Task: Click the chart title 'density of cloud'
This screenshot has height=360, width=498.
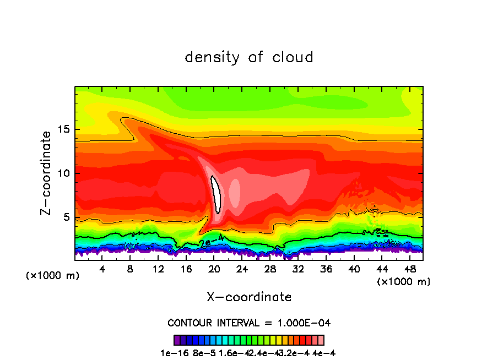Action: [x=249, y=57]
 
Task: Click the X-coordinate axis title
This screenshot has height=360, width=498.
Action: [x=249, y=297]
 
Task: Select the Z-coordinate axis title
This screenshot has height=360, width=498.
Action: [x=47, y=173]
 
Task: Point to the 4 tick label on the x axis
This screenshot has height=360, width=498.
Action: [x=102, y=269]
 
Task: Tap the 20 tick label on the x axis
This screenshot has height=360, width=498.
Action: [x=214, y=269]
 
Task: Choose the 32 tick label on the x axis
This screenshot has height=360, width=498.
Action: [x=298, y=269]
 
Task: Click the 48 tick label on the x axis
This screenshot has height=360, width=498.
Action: [x=410, y=269]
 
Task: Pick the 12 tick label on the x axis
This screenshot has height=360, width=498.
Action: [x=158, y=269]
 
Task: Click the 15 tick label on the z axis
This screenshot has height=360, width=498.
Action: [x=64, y=130]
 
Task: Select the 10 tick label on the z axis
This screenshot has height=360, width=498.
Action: [x=64, y=173]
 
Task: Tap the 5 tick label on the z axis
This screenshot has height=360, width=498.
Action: [x=67, y=217]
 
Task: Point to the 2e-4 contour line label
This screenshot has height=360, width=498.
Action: [x=212, y=241]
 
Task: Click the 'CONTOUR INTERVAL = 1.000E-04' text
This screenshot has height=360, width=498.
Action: [x=249, y=323]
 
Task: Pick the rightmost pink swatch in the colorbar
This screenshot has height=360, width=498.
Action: [x=321, y=340]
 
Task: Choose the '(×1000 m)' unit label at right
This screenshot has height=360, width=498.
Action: [x=403, y=282]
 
